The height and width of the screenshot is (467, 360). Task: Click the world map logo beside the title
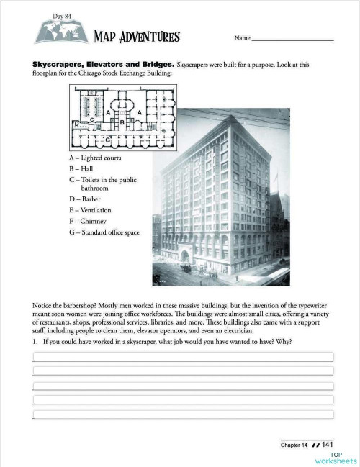(60, 32)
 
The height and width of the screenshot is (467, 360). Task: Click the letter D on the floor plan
(76, 124)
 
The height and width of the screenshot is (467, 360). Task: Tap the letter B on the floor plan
(122, 123)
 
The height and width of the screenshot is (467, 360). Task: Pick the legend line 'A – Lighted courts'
(95, 158)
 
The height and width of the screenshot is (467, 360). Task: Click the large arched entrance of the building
(184, 256)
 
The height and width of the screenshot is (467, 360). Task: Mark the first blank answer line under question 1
(183, 355)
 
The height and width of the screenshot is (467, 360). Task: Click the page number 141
(327, 444)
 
